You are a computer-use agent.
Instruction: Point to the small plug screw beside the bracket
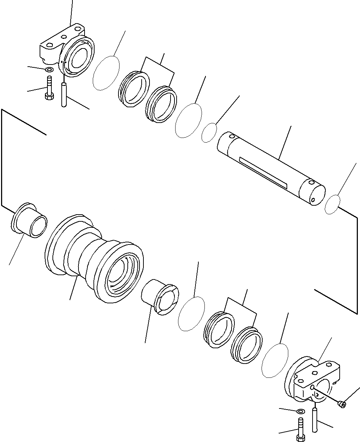point(342,404)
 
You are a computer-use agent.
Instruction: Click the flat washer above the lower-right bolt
point(300,411)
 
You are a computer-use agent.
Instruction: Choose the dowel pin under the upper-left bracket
point(64,94)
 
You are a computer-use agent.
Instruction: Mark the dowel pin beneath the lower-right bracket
point(314,421)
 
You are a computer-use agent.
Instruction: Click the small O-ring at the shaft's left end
point(209,133)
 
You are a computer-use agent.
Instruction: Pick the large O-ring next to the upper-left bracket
point(106,73)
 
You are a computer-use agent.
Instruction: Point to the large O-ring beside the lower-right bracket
point(275,360)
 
